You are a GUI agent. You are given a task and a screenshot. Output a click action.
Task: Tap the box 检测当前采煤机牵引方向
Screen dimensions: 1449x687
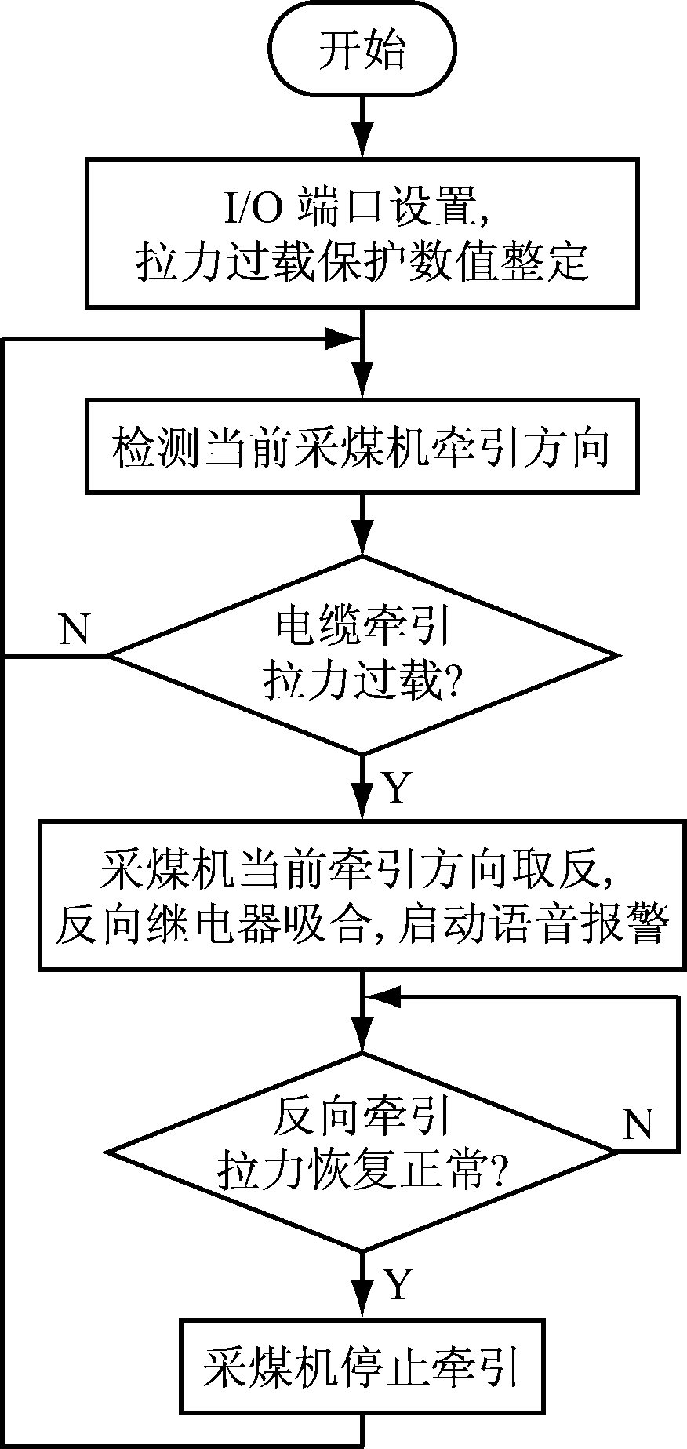(x=362, y=448)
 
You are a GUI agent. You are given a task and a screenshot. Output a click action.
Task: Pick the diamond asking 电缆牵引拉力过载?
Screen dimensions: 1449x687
(x=362, y=655)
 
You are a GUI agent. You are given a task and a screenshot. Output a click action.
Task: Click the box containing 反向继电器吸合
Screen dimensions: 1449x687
(x=362, y=894)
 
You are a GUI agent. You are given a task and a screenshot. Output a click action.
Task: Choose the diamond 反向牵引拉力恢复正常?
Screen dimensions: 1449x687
(x=362, y=1152)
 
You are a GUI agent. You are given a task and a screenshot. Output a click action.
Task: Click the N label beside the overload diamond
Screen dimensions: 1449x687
(x=75, y=629)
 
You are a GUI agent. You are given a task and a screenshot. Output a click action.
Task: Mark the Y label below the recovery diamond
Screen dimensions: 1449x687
(x=398, y=1284)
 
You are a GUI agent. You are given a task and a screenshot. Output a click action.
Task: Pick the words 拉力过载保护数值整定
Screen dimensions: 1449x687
(x=362, y=261)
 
